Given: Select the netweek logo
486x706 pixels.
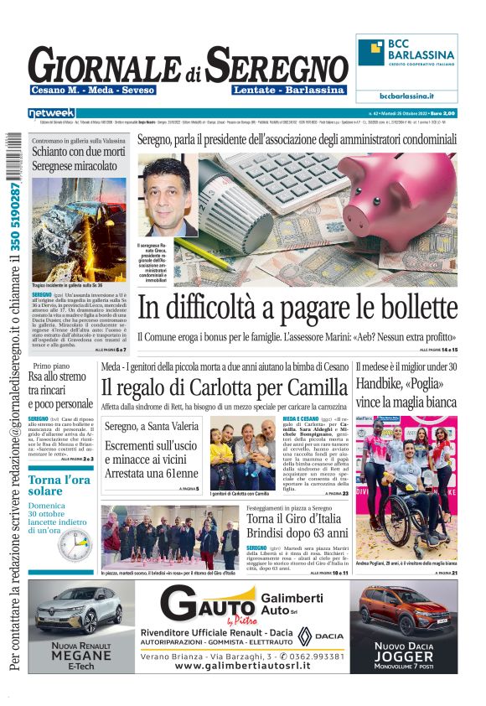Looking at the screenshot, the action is pyautogui.click(x=52, y=112).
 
